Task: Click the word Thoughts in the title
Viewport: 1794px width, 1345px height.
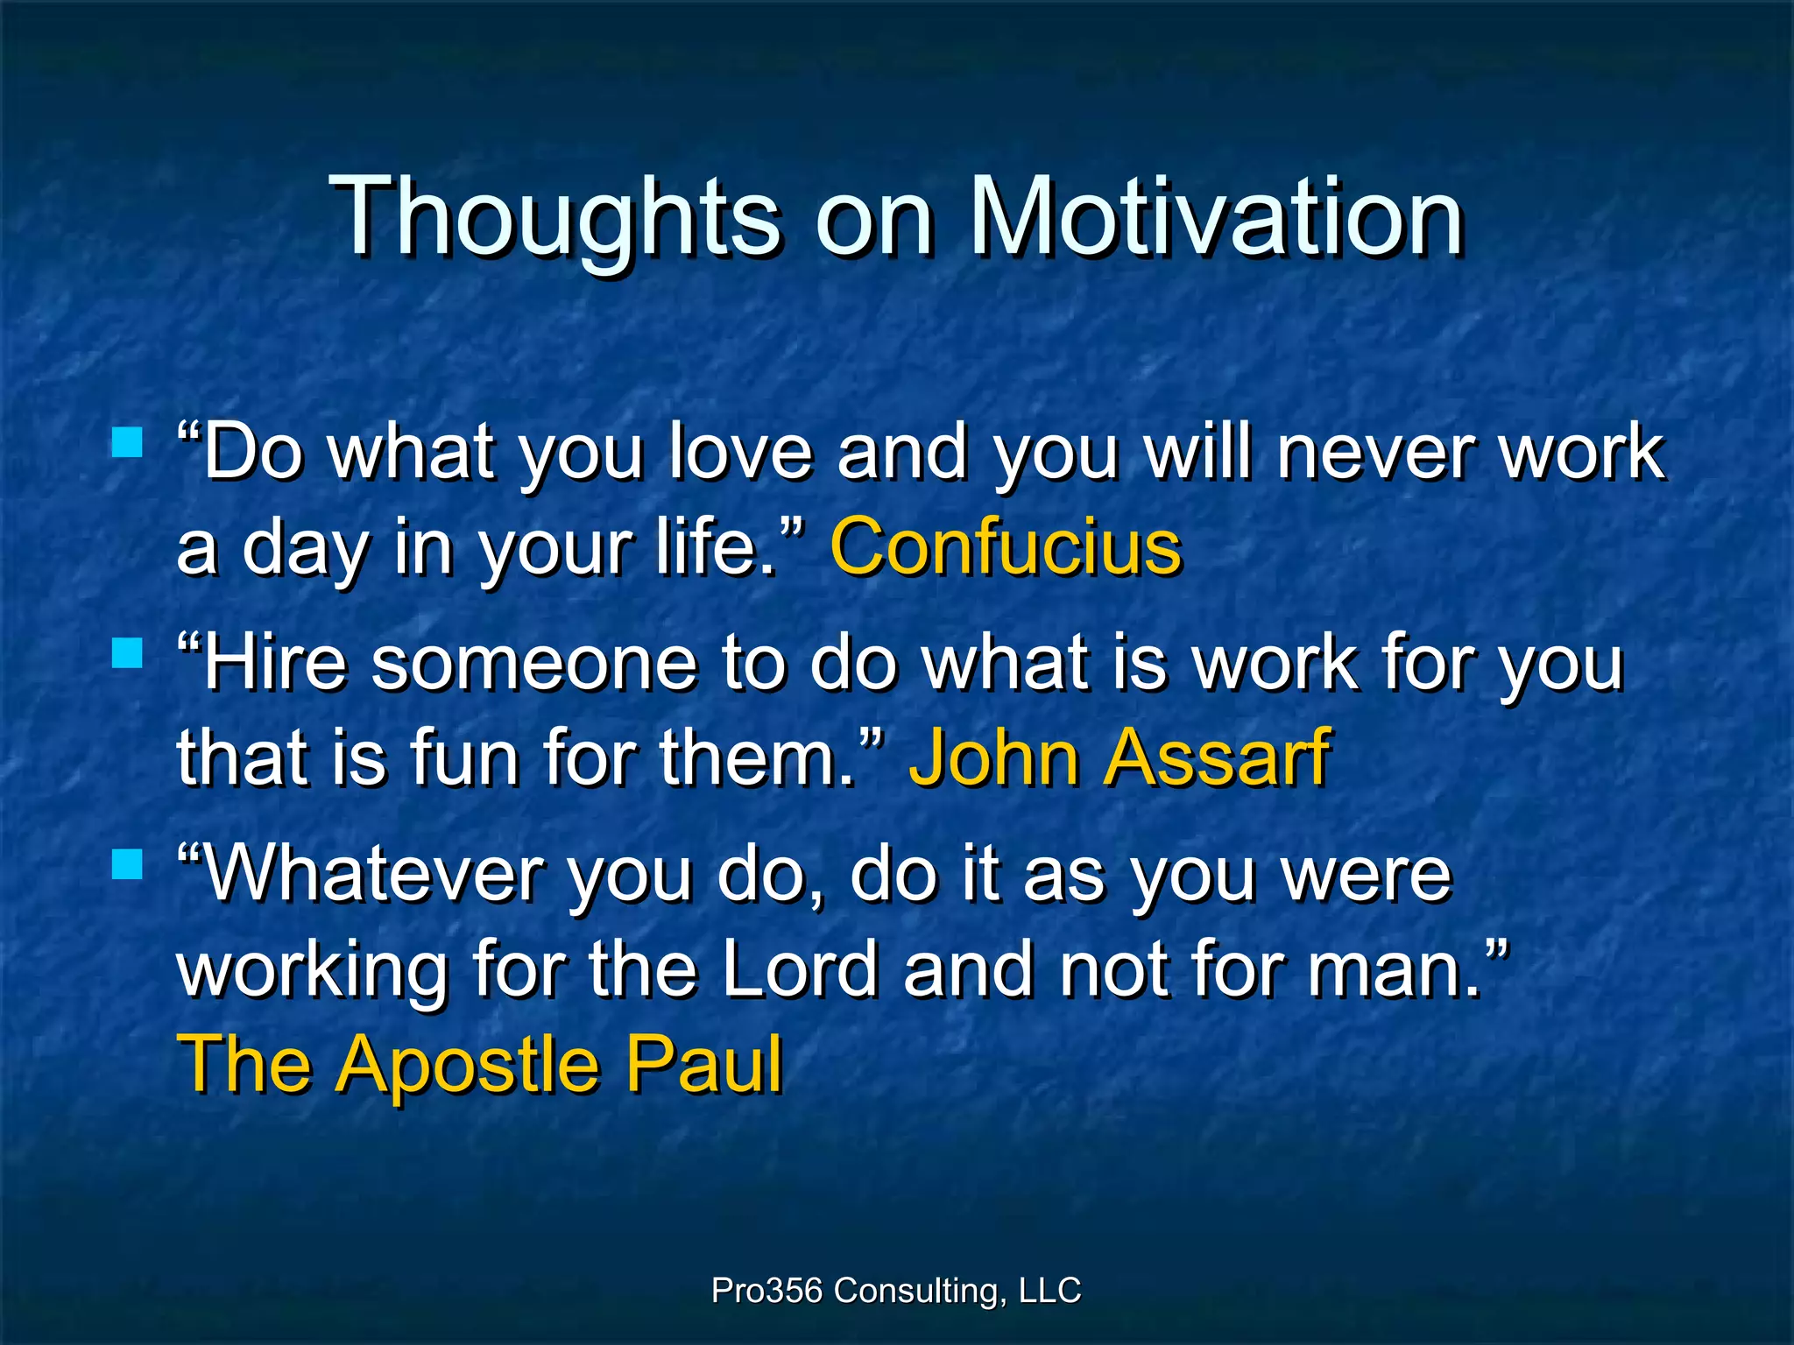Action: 557,215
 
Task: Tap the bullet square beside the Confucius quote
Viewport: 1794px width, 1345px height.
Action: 128,442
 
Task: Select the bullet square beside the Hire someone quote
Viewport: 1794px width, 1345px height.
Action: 128,652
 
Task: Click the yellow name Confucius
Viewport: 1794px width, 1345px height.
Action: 1006,547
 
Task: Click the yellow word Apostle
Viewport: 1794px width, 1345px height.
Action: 470,1064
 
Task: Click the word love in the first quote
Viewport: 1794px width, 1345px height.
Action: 740,452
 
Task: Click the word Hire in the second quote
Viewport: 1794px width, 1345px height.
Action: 275,663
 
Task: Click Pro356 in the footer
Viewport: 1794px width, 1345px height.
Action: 766,1291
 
